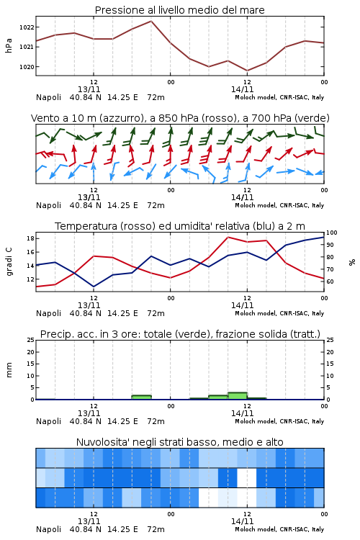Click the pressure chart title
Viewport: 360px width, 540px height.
pyautogui.click(x=179, y=10)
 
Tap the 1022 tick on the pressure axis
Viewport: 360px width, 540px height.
pyautogui.click(x=27, y=27)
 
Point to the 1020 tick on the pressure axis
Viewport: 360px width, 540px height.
pyautogui.click(x=27, y=67)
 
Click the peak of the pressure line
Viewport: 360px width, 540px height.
pyautogui.click(x=151, y=21)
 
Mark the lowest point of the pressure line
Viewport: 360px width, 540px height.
pyautogui.click(x=247, y=71)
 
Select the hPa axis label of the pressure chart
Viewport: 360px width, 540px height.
pyautogui.click(x=9, y=45)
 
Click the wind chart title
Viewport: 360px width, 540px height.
pyautogui.click(x=180, y=118)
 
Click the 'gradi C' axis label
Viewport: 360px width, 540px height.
pyautogui.click(x=9, y=261)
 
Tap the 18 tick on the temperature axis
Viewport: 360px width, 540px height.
pyautogui.click(x=30, y=238)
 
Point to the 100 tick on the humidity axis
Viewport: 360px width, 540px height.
pyautogui.click(x=332, y=233)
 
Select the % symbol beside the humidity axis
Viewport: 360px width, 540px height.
pyautogui.click(x=352, y=262)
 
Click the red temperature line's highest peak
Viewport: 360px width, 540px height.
pyautogui.click(x=228, y=237)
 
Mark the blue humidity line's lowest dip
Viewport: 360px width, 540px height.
pyautogui.click(x=94, y=287)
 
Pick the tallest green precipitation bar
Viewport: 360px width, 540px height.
pyautogui.click(x=238, y=396)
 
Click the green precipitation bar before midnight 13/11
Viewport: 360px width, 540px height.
pyautogui.click(x=141, y=397)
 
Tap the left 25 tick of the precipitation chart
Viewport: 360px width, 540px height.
pyautogui.click(x=31, y=340)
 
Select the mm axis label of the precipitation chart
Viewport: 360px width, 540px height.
pyautogui.click(x=9, y=370)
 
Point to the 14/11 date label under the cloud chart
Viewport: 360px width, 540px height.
pyautogui.click(x=242, y=521)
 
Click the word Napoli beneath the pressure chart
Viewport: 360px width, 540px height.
pyautogui.click(x=48, y=97)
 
